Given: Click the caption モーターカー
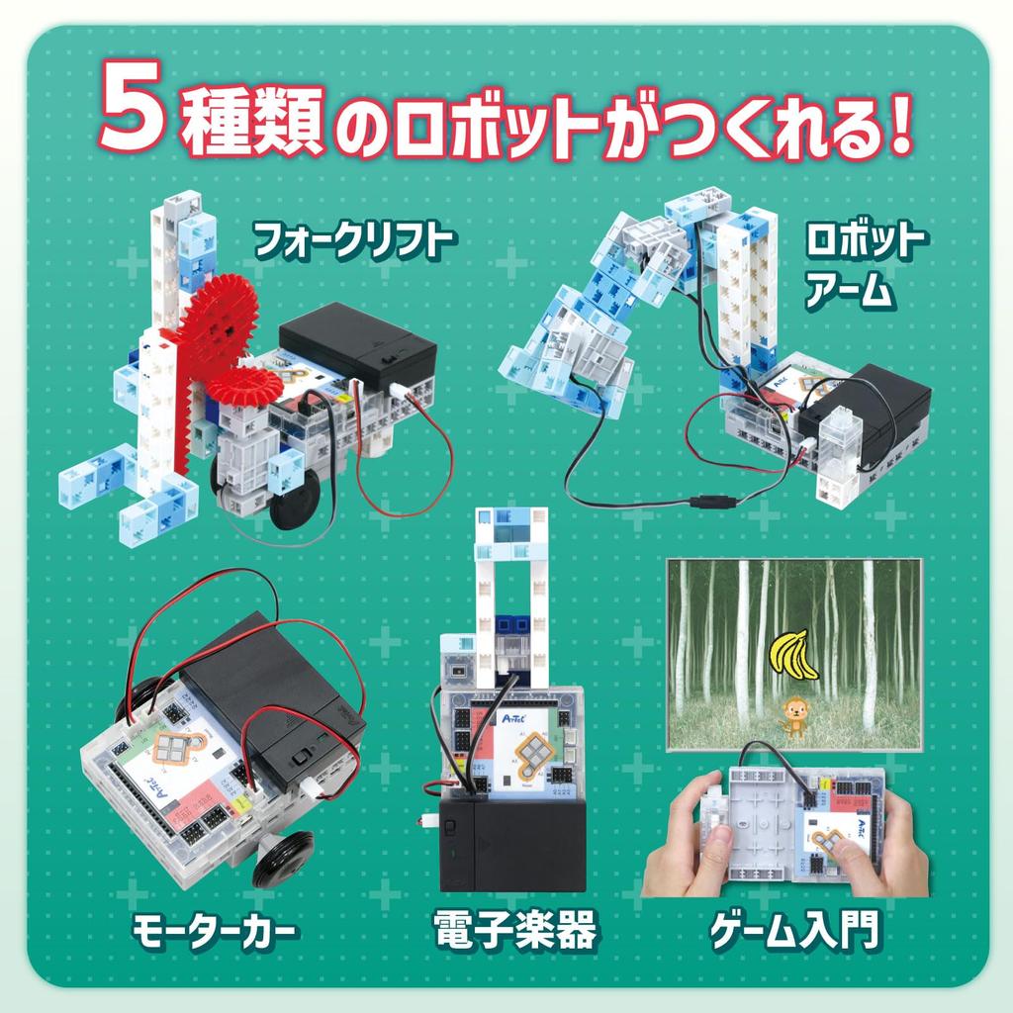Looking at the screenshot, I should (x=215, y=932).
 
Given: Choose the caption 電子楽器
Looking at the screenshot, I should (x=514, y=931).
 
